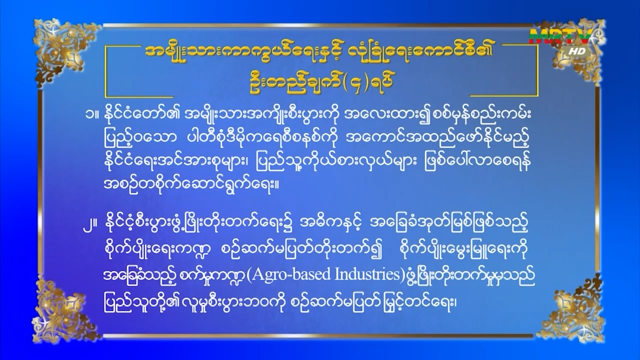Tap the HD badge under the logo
pos(577,51)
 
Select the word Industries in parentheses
pos(367,274)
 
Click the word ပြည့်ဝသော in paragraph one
pos(140,137)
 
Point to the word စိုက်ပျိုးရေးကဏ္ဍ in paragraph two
pos(157,250)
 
